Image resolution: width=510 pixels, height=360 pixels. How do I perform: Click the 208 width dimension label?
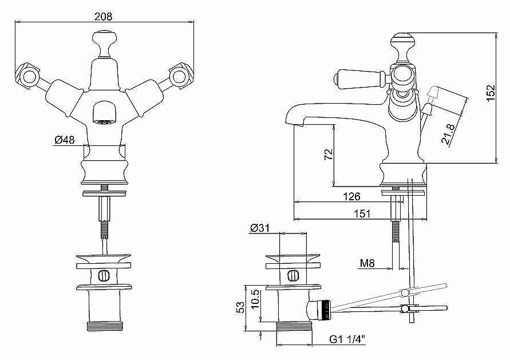pos(103,17)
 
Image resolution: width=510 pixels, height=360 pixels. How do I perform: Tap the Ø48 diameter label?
pos(65,140)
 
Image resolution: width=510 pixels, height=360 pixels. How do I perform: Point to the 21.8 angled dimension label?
pos(448,134)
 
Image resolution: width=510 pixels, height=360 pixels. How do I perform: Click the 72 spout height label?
pos(329,154)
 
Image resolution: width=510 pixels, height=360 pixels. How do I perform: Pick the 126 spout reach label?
pos(351,196)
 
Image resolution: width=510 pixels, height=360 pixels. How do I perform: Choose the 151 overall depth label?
pos(361,213)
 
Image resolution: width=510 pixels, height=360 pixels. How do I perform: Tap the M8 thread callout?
pos(367,263)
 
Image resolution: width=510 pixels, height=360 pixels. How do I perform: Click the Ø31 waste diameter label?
pos(260,228)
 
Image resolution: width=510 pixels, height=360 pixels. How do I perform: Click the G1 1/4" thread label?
pos(347,339)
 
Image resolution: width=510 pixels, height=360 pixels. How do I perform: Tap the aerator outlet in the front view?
pos(104,114)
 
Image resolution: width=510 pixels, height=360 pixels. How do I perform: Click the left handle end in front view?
pos(27,76)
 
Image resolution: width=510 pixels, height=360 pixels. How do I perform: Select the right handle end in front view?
pos(181,76)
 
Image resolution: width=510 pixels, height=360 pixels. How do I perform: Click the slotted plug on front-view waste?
pos(104,275)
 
